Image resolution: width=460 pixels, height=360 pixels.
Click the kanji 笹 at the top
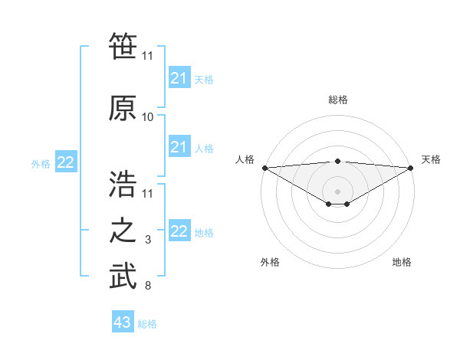[x=123, y=45]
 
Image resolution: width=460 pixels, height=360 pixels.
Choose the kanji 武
[x=123, y=276]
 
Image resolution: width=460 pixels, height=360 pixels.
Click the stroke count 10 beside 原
[x=148, y=117]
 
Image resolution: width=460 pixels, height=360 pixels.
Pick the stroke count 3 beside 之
[x=148, y=241]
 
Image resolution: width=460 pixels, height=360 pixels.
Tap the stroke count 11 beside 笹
[x=148, y=55]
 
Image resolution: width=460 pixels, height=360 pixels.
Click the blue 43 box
[x=123, y=322]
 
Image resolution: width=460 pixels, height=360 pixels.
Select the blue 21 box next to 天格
[x=179, y=78]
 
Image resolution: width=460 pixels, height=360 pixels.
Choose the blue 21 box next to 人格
[x=179, y=147]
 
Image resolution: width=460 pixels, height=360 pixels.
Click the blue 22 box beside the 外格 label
[x=66, y=162]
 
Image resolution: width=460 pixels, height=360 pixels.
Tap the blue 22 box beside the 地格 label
[x=179, y=231]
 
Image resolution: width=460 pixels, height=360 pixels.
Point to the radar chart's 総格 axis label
[x=337, y=100]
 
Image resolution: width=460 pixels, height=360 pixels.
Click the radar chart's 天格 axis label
[x=431, y=159]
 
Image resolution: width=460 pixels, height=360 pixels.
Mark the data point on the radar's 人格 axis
[x=264, y=167]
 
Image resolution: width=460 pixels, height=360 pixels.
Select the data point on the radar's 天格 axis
[x=410, y=167]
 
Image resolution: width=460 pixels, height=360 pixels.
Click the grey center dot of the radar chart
[x=337, y=191]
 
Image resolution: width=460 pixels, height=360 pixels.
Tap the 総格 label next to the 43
[x=147, y=324]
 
